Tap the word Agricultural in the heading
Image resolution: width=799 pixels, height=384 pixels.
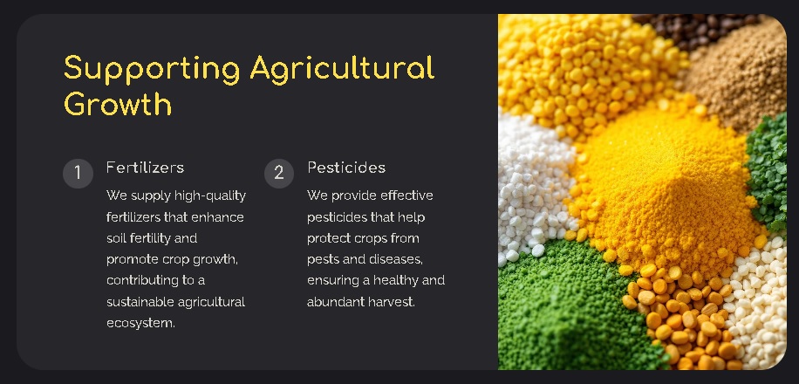click(342, 68)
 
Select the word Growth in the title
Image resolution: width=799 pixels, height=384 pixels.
click(118, 105)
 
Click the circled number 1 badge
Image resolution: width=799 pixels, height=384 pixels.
click(78, 173)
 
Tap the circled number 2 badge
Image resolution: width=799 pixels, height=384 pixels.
click(278, 173)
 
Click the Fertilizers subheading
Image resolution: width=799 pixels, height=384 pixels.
click(145, 168)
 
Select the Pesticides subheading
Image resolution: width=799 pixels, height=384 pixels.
click(346, 168)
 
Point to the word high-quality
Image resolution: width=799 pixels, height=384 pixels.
click(210, 195)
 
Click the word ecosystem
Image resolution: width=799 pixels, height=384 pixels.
click(140, 323)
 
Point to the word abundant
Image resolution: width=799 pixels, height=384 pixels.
click(335, 302)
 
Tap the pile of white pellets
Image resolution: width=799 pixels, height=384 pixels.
click(532, 183)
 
